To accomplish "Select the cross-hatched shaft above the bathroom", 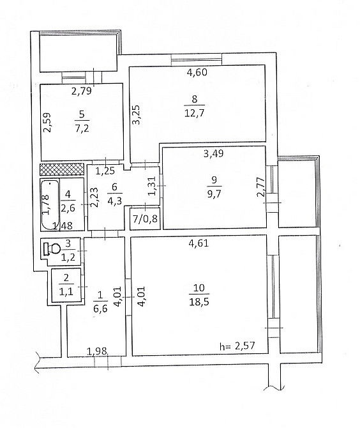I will [62, 169].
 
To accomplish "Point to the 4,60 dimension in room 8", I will [197, 72].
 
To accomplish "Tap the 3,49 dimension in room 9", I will [214, 153].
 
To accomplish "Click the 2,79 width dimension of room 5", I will [81, 91].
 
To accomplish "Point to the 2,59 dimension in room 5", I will [47, 123].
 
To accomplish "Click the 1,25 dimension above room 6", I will [105, 171].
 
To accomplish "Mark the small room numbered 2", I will [66, 284].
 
